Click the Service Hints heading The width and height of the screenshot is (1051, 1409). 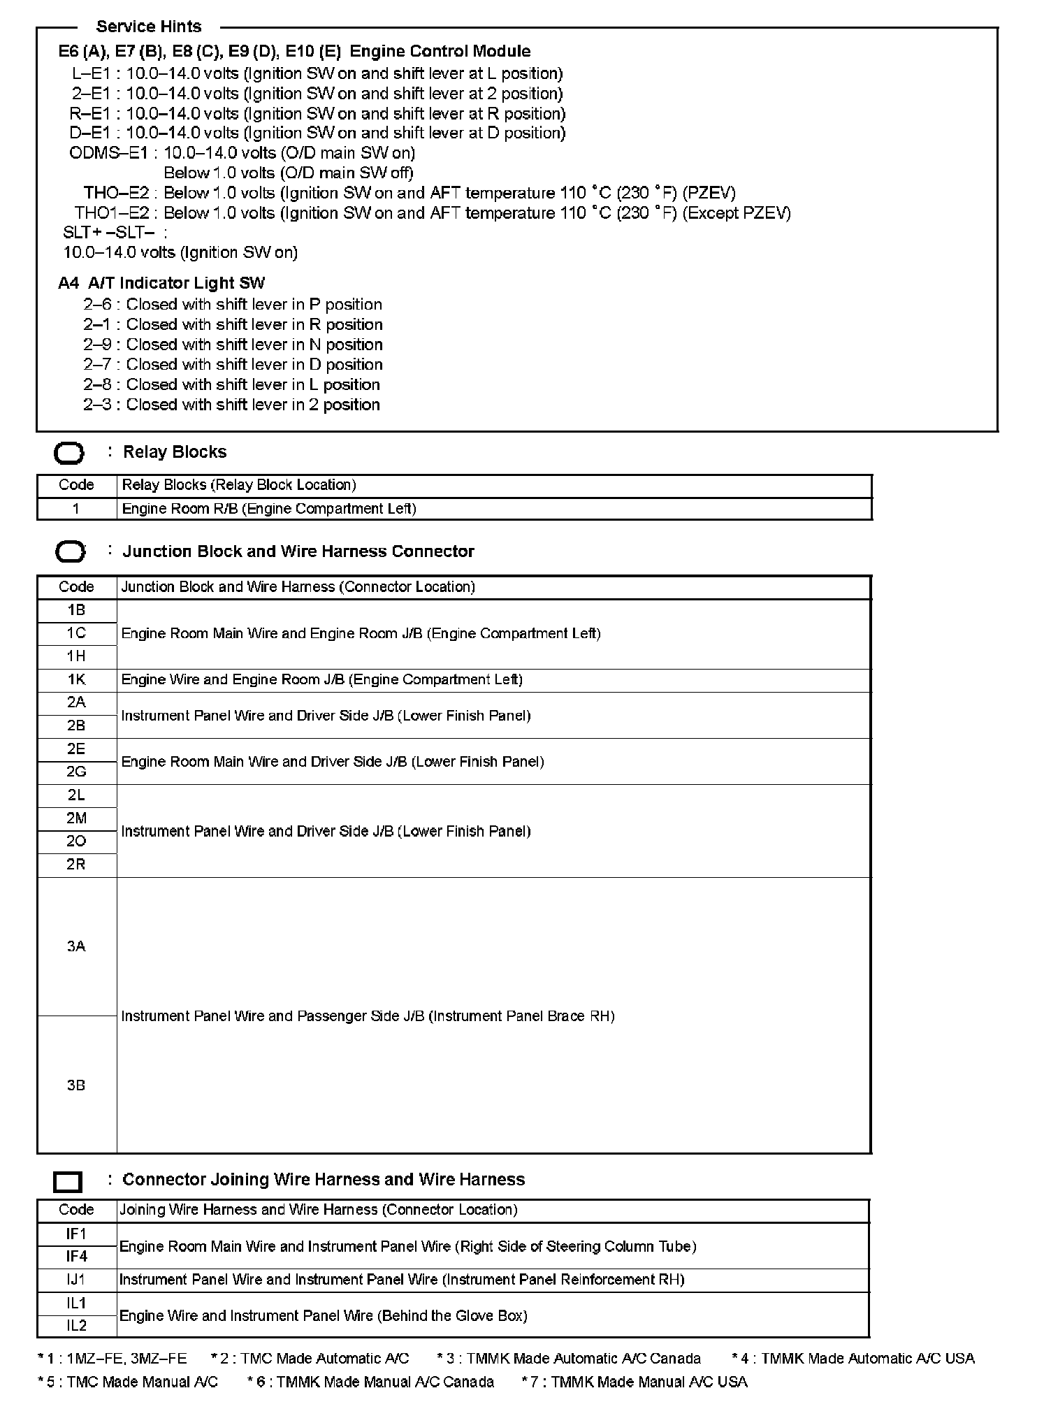[148, 27]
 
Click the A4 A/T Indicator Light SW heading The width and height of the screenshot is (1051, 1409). [161, 283]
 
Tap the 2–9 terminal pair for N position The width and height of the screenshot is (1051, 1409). [97, 345]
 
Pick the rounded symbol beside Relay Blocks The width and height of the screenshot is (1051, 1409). [69, 454]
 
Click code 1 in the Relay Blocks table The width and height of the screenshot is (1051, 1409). [76, 509]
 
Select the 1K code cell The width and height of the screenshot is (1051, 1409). [76, 680]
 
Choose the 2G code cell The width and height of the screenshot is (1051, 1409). [76, 772]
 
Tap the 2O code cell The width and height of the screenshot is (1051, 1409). [76, 841]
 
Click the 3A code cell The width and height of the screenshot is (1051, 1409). [76, 946]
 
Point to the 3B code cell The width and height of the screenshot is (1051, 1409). [76, 1085]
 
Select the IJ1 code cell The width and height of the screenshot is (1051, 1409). [76, 1280]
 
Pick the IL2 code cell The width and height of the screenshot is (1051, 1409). [76, 1326]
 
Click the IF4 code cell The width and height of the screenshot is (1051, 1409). [76, 1257]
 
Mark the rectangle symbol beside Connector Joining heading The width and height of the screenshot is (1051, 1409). [68, 1182]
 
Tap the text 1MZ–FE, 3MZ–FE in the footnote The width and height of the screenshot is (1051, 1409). [126, 1359]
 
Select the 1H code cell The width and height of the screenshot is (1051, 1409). [76, 656]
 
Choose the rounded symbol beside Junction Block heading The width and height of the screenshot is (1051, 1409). [69, 552]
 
